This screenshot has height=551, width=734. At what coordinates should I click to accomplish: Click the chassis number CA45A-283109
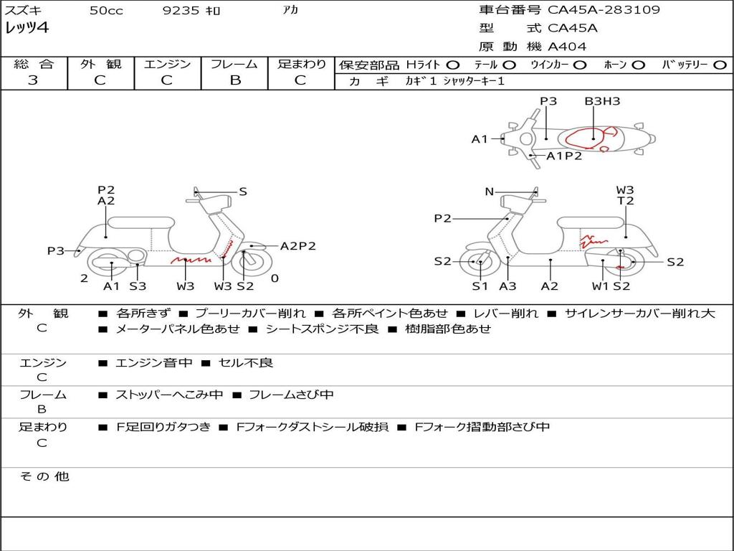604,10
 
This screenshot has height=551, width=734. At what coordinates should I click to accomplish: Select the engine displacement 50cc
106,11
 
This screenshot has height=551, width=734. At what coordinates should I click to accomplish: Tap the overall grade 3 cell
33,80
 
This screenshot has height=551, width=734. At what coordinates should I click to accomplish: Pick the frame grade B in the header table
235,80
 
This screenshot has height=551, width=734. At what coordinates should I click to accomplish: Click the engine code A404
567,47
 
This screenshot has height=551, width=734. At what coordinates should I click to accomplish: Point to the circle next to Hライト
452,65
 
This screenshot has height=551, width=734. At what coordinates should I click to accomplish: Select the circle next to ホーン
639,65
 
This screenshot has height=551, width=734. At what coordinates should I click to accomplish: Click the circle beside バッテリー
720,65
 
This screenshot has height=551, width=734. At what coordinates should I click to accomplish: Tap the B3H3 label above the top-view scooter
602,101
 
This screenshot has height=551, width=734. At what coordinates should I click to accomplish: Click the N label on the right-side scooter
490,192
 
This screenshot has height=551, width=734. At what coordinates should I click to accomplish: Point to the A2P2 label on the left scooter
297,246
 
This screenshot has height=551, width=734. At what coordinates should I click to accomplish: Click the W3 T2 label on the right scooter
625,196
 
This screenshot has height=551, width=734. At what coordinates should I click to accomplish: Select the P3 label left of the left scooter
56,251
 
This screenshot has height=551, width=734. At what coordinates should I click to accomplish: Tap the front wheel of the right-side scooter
479,263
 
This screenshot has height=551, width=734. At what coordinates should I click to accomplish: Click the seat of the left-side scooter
140,222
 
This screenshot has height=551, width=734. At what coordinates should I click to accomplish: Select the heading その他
44,476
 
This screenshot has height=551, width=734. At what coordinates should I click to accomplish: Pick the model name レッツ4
27,29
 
